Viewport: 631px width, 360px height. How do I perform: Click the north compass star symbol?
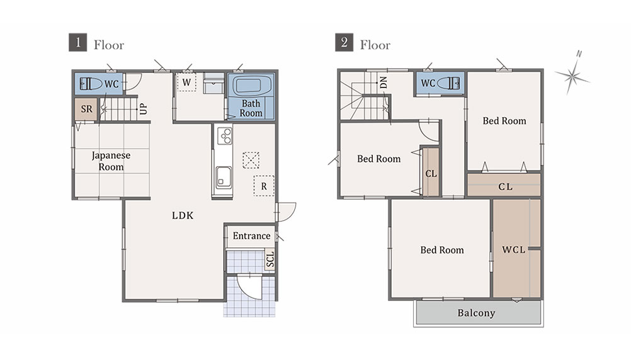point(572,76)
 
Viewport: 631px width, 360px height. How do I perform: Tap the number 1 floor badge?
point(77,42)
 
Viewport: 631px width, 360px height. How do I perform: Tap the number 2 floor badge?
point(344,42)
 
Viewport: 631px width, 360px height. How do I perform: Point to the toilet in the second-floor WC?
point(448,83)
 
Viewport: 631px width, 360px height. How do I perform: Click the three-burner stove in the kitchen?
point(225,135)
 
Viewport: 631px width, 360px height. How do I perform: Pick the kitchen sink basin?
point(224,177)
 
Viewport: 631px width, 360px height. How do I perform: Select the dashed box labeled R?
point(264,186)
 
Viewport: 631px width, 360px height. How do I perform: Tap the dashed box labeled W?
point(187,82)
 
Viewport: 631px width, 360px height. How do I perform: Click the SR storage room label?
point(86,109)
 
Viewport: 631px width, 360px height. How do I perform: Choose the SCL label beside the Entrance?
point(270,259)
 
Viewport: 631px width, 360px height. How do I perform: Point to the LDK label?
point(183,216)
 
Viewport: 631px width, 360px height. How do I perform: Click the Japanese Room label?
point(111,161)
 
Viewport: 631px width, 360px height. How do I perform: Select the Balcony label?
point(476,313)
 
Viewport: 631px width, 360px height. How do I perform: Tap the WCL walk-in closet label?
point(513,250)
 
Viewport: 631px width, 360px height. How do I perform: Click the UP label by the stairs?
point(143,109)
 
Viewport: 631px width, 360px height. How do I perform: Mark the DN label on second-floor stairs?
point(384,82)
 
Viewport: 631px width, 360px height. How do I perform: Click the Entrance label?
point(251,236)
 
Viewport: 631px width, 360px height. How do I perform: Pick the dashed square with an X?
point(251,160)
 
